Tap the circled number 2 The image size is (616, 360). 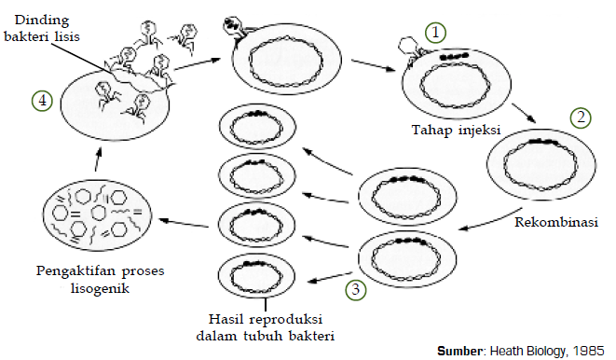582,118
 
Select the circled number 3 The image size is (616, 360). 356,288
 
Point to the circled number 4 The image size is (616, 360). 40,100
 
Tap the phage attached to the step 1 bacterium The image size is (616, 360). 406,50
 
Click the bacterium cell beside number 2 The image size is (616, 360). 532,162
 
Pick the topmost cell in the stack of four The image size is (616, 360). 256,129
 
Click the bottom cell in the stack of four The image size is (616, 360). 256,274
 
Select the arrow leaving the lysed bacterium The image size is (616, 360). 191,63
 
